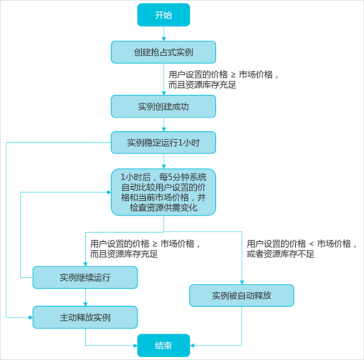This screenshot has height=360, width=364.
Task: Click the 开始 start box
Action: [163, 15]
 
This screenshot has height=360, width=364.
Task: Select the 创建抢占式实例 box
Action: [163, 52]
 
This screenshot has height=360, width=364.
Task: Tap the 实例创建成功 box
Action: [163, 106]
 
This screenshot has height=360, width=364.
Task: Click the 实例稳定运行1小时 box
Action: [163, 142]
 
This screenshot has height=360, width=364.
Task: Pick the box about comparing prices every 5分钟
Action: [163, 192]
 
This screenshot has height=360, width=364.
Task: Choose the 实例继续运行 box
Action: [85, 277]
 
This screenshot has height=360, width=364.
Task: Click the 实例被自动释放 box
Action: [242, 296]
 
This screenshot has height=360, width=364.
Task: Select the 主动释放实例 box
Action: [85, 318]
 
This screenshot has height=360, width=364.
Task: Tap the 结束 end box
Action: [163, 345]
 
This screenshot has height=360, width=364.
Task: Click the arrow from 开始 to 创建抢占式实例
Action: [163, 33]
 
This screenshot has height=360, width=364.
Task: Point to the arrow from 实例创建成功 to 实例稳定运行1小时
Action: [163, 124]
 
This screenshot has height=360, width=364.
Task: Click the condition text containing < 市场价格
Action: [302, 244]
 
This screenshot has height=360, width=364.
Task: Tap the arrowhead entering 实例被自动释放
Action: [242, 282]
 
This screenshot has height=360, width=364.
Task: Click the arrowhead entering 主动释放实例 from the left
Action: [30, 318]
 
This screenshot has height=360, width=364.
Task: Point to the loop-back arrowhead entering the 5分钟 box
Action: [109, 192]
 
